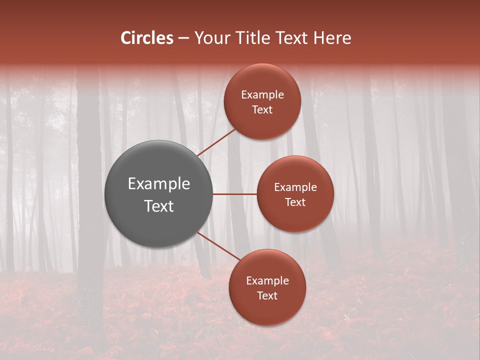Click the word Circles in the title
(x=147, y=38)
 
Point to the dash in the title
(x=183, y=38)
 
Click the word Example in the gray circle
(x=159, y=184)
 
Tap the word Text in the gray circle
(x=159, y=206)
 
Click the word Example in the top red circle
(x=262, y=95)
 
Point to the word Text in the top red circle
(x=262, y=110)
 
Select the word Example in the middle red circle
(x=295, y=187)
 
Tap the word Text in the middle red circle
(x=295, y=202)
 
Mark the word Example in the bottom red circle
(x=267, y=281)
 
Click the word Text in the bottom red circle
(x=267, y=296)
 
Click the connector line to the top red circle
(x=217, y=142)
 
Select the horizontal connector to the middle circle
(x=235, y=194)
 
